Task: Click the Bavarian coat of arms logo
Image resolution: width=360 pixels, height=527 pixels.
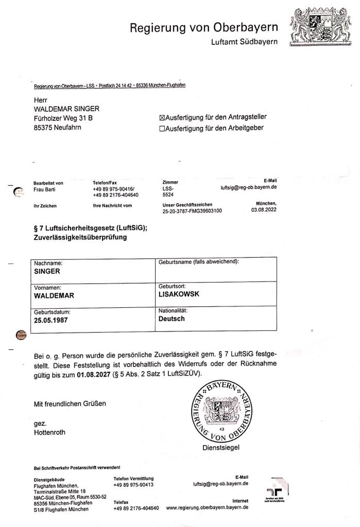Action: pyautogui.click(x=322, y=25)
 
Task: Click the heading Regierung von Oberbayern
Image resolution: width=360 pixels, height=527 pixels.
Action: pyautogui.click(x=203, y=27)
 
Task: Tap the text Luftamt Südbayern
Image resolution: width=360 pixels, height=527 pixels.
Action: pyautogui.click(x=244, y=42)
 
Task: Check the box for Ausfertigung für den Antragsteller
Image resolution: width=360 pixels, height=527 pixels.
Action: pyautogui.click(x=162, y=118)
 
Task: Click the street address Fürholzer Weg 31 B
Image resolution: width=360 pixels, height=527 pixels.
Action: pyautogui.click(x=63, y=118)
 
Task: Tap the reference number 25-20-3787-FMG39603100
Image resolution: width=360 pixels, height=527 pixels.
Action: pyautogui.click(x=192, y=210)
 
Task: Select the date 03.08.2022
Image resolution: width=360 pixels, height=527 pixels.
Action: pyautogui.click(x=264, y=210)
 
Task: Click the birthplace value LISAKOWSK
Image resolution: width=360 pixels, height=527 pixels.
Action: pyautogui.click(x=179, y=295)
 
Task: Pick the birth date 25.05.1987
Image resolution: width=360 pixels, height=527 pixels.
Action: pyautogui.click(x=51, y=320)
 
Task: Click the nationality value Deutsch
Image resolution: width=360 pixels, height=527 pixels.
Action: pyautogui.click(x=172, y=319)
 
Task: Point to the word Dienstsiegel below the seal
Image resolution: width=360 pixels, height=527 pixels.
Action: pyautogui.click(x=221, y=448)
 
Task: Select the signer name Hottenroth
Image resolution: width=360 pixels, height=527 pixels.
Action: pyautogui.click(x=49, y=432)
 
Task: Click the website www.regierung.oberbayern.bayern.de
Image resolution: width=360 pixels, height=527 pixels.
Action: pyautogui.click(x=207, y=507)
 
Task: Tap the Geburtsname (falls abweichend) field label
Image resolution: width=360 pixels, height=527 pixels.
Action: pyautogui.click(x=199, y=262)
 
